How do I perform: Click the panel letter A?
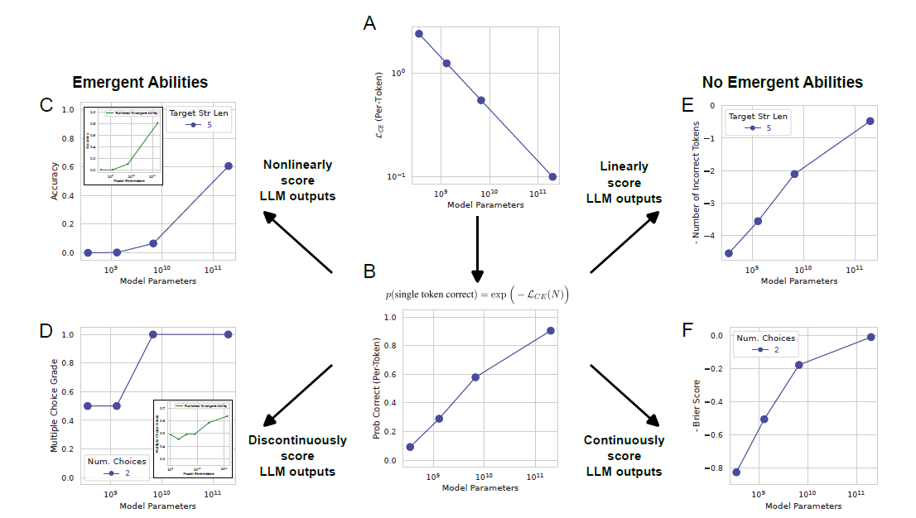pos(369,23)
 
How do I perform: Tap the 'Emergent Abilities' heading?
pos(140,82)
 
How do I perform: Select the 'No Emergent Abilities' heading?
pos(782,82)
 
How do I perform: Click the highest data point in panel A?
pos(419,34)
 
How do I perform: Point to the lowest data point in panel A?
pos(552,176)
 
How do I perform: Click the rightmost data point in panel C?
pos(229,165)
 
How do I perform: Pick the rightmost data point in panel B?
pos(550,330)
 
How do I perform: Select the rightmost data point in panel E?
pos(870,121)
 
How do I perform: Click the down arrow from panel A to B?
pos(477,248)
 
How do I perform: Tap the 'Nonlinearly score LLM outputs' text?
pos(297,181)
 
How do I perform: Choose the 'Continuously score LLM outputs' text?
pos(624,456)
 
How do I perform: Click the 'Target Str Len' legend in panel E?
pos(757,122)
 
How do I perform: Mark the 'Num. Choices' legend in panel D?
pos(116,467)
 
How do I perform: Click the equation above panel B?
pos(477,294)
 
